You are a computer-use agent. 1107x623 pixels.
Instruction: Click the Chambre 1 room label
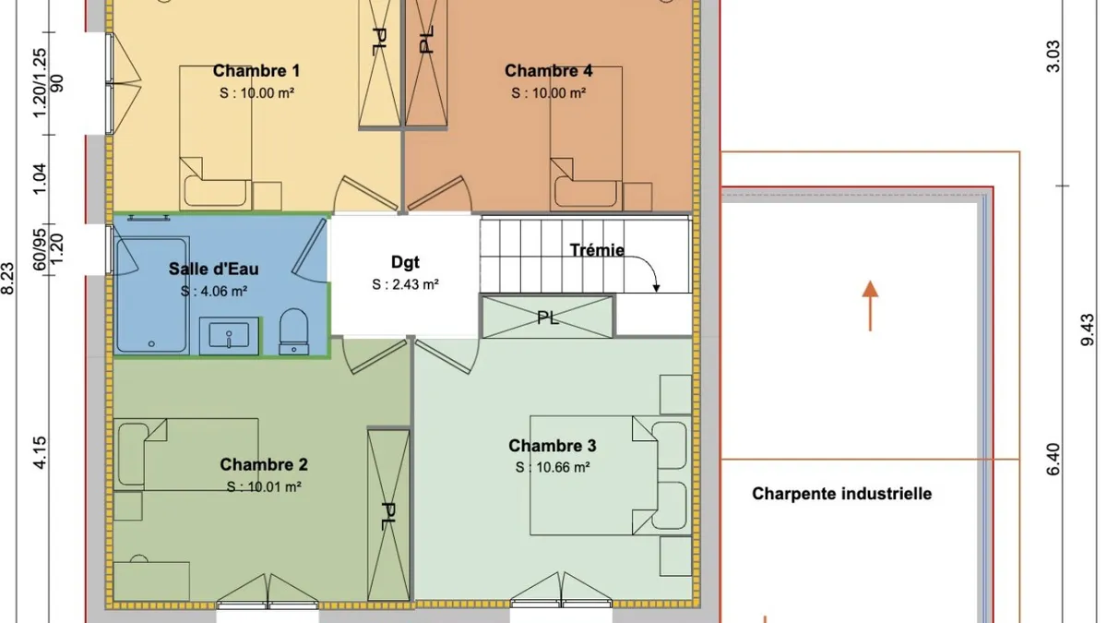click(256, 71)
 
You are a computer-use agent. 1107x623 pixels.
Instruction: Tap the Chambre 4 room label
click(548, 71)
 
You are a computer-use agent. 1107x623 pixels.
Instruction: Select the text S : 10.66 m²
click(553, 467)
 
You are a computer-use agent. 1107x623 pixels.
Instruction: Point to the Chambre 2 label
click(264, 464)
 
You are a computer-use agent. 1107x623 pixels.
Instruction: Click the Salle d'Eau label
click(213, 269)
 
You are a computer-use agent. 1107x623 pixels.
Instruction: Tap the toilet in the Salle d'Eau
click(294, 331)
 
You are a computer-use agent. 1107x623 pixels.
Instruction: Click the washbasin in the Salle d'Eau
click(229, 336)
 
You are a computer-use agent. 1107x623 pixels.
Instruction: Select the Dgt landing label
click(405, 262)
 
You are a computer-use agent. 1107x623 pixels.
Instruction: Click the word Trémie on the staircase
click(597, 250)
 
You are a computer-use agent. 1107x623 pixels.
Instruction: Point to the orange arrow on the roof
click(870, 306)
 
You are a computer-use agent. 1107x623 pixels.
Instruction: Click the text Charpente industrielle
click(841, 494)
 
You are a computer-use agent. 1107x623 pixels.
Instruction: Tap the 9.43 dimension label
click(1088, 329)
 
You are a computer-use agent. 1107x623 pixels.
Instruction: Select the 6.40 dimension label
click(1053, 460)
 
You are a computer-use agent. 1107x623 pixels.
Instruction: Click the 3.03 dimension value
click(1053, 56)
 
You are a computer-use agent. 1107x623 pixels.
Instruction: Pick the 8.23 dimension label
click(8, 279)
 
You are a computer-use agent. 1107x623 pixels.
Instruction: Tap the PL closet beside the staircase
click(548, 317)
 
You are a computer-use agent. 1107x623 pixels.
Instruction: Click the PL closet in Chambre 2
click(388, 515)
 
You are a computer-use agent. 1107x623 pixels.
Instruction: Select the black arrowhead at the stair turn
click(656, 288)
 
